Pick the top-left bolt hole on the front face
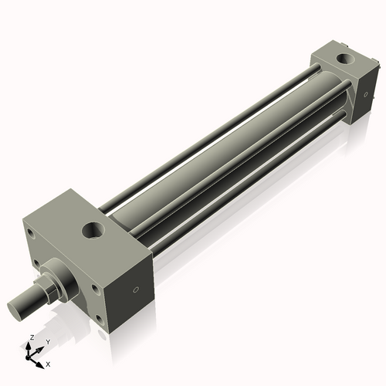coord(30,232)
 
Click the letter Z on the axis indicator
coord(30,338)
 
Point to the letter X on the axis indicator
coord(49,363)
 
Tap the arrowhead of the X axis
coord(42,361)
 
